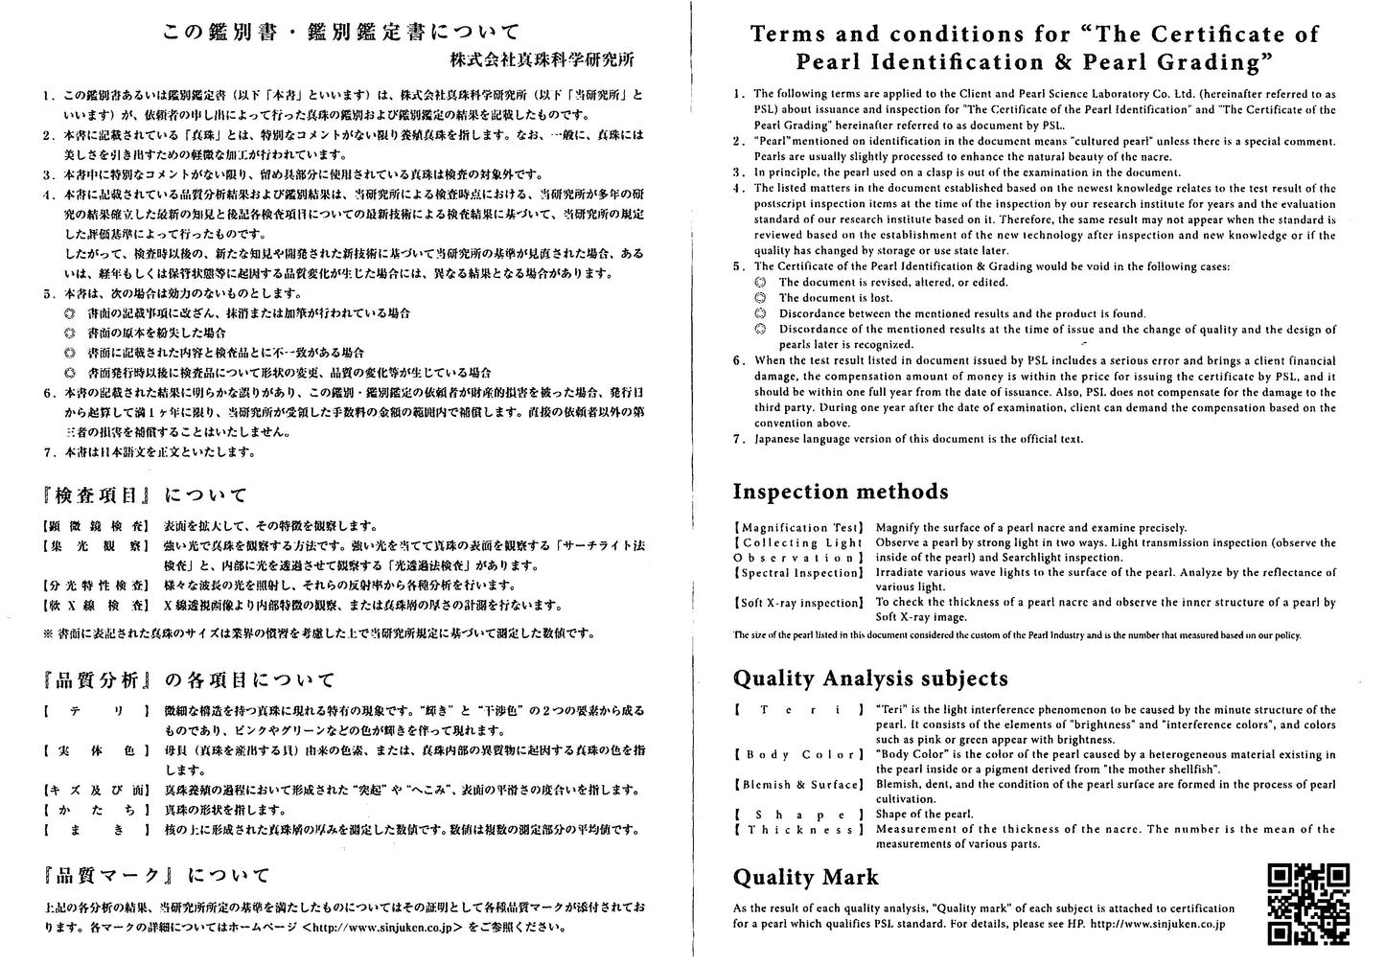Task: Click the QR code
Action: point(1308,904)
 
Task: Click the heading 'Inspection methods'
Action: point(841,492)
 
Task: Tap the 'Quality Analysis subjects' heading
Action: point(870,678)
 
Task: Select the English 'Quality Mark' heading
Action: point(805,877)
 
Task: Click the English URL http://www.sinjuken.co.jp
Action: point(1157,925)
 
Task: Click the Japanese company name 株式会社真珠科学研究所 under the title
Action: point(542,59)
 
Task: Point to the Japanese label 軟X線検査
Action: point(95,606)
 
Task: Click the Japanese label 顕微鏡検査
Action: point(95,526)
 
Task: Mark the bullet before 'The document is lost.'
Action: point(760,298)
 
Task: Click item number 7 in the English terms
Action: point(739,439)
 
